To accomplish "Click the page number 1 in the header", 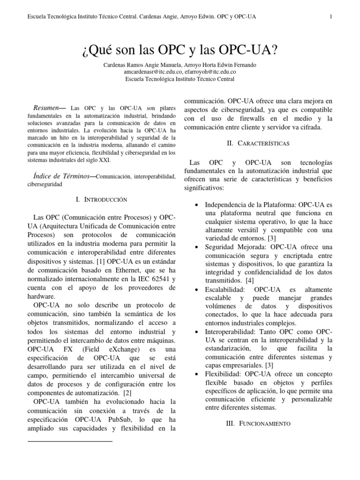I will point(331,17).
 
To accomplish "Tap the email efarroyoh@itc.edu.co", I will point(210,72).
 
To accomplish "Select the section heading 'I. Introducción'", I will point(101,200).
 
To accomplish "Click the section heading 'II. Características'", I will point(257,142).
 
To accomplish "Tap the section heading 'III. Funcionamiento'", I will point(258,423).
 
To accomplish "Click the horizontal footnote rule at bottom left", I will point(70,441).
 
